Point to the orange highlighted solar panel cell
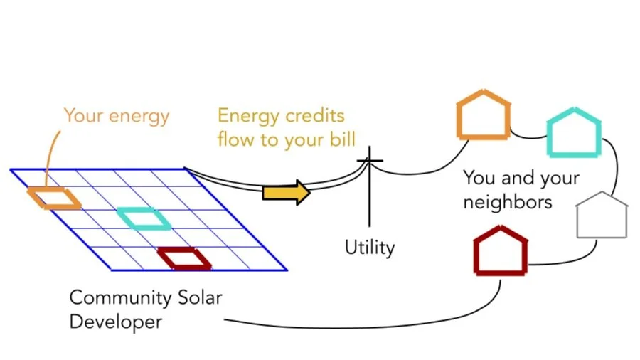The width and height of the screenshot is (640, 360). tap(54, 198)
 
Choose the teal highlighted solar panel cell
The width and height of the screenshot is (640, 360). tap(144, 218)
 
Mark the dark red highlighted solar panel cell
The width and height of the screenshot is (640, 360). tap(184, 258)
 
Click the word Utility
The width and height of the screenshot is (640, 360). tap(369, 248)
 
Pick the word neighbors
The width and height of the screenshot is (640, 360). tap(508, 202)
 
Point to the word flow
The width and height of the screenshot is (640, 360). tap(235, 139)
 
